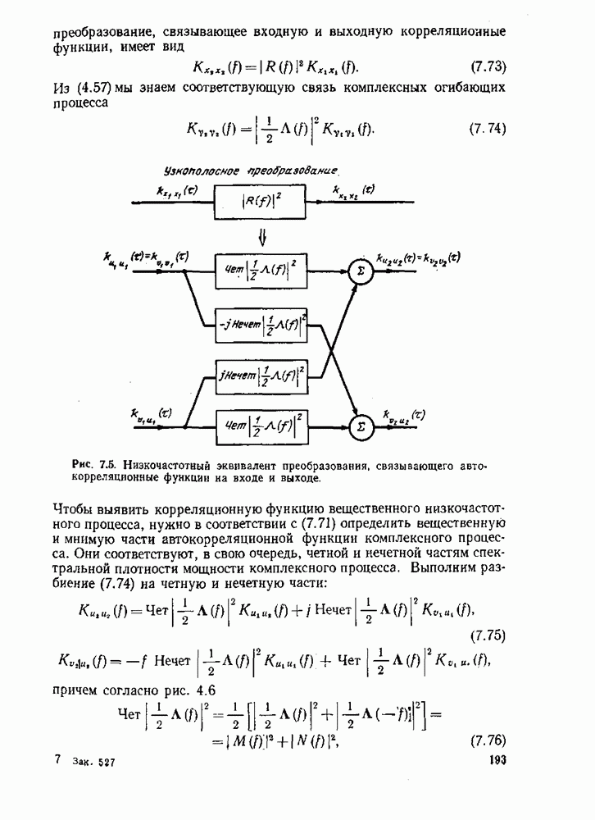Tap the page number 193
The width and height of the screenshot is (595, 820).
(496, 760)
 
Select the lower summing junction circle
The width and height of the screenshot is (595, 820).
(358, 426)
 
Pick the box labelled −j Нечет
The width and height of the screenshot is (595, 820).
(261, 324)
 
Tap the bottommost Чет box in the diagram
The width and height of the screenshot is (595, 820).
(261, 425)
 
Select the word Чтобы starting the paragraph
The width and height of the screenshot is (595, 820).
(74, 504)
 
